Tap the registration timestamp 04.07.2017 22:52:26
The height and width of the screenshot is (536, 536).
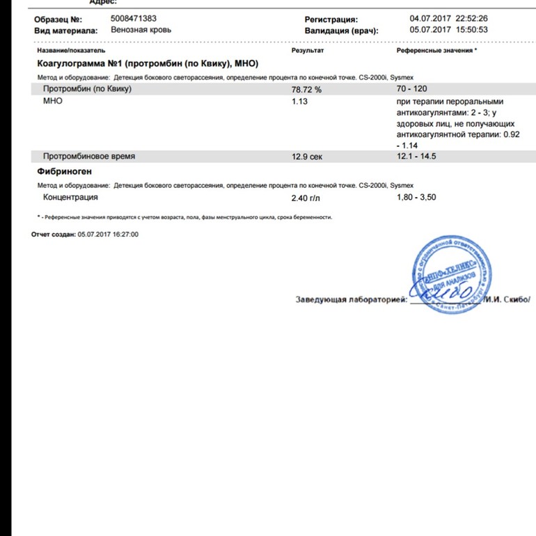(x=448, y=19)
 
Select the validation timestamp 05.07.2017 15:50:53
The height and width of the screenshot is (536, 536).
(x=448, y=30)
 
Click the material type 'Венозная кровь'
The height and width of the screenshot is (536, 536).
(x=141, y=30)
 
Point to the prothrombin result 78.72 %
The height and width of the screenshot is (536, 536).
(x=306, y=90)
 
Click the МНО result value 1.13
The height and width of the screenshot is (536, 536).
(x=299, y=101)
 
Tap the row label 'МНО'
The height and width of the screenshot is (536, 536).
(x=53, y=101)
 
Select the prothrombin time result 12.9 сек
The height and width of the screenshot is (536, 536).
(x=307, y=157)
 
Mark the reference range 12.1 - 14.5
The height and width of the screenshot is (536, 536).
(x=416, y=156)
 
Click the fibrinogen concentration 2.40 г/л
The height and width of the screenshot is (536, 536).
(x=306, y=198)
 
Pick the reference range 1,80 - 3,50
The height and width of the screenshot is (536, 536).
(x=416, y=197)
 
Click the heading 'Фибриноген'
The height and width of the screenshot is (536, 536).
(x=64, y=171)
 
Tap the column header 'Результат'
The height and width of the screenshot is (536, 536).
(x=308, y=52)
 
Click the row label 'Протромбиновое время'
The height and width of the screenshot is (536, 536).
(x=89, y=157)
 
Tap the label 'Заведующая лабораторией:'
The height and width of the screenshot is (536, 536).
(x=351, y=300)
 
